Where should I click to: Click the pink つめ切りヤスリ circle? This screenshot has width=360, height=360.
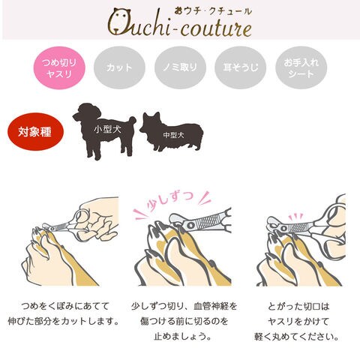pyautogui.click(x=59, y=67)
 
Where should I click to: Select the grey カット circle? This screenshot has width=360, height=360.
pyautogui.click(x=119, y=67)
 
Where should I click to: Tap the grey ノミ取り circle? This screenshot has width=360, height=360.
pyautogui.click(x=180, y=67)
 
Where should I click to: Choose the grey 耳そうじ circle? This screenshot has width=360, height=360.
pyautogui.click(x=241, y=67)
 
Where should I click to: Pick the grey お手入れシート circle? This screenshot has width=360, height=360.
pyautogui.click(x=301, y=67)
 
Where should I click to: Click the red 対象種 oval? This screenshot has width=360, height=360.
pyautogui.click(x=35, y=131)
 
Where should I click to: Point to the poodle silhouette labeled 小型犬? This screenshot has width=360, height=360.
pyautogui.click(x=105, y=130)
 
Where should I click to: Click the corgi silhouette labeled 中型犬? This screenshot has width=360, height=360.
pyautogui.click(x=172, y=132)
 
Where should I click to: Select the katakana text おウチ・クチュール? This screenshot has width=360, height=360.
pyautogui.click(x=213, y=11)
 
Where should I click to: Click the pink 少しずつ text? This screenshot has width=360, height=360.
pyautogui.click(x=170, y=200)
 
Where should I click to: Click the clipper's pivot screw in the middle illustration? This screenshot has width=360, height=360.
pyautogui.click(x=190, y=226)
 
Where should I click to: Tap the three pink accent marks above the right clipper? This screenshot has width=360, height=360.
pyautogui.click(x=295, y=217)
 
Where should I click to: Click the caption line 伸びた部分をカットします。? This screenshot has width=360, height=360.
pyautogui.click(x=63, y=321)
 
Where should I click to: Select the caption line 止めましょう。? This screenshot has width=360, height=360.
pyautogui.click(x=182, y=336)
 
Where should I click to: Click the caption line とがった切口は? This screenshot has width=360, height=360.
pyautogui.click(x=298, y=306)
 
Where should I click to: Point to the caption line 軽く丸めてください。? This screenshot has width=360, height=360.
pyautogui.click(x=296, y=337)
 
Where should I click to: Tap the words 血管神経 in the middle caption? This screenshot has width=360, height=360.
pyautogui.click(x=211, y=306)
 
